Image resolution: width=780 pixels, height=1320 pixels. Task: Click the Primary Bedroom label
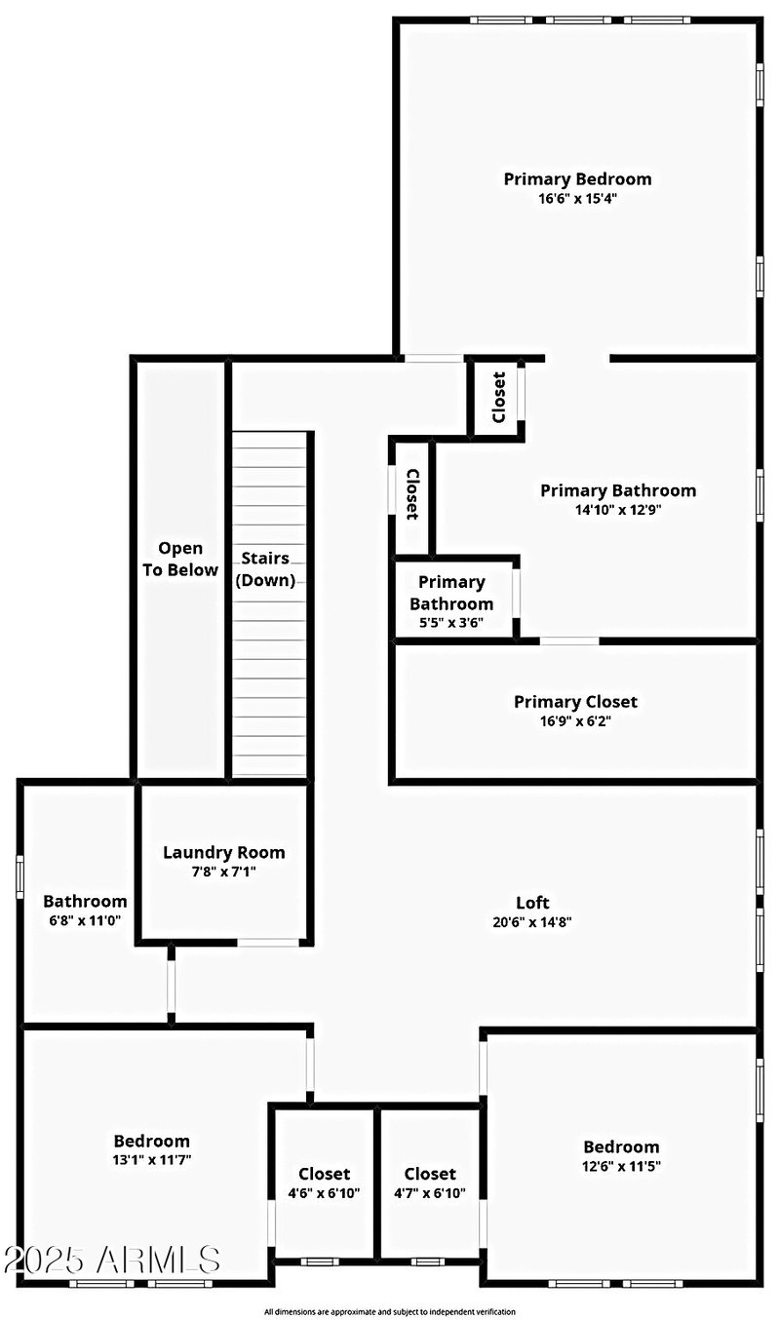[577, 179]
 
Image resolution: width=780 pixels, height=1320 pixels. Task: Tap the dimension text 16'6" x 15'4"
[577, 198]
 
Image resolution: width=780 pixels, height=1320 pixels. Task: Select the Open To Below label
[180, 560]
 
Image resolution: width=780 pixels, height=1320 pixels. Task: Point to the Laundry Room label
[223, 852]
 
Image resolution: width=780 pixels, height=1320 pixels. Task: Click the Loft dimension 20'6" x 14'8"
[532, 921]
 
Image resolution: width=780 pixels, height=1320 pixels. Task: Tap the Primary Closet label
[575, 702]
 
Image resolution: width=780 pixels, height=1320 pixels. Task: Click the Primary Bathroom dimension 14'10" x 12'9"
[618, 509]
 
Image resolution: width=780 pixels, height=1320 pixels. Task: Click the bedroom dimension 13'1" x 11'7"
[151, 1160]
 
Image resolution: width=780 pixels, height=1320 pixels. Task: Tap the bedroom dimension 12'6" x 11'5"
[621, 1166]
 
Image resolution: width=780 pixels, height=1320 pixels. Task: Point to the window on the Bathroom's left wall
[19, 876]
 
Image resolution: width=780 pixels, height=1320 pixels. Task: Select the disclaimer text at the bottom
[389, 1312]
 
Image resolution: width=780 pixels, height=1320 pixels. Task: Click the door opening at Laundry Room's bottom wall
[268, 943]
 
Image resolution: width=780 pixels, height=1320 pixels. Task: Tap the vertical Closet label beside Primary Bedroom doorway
[499, 398]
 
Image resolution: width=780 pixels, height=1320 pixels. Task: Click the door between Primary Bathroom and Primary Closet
[569, 641]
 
